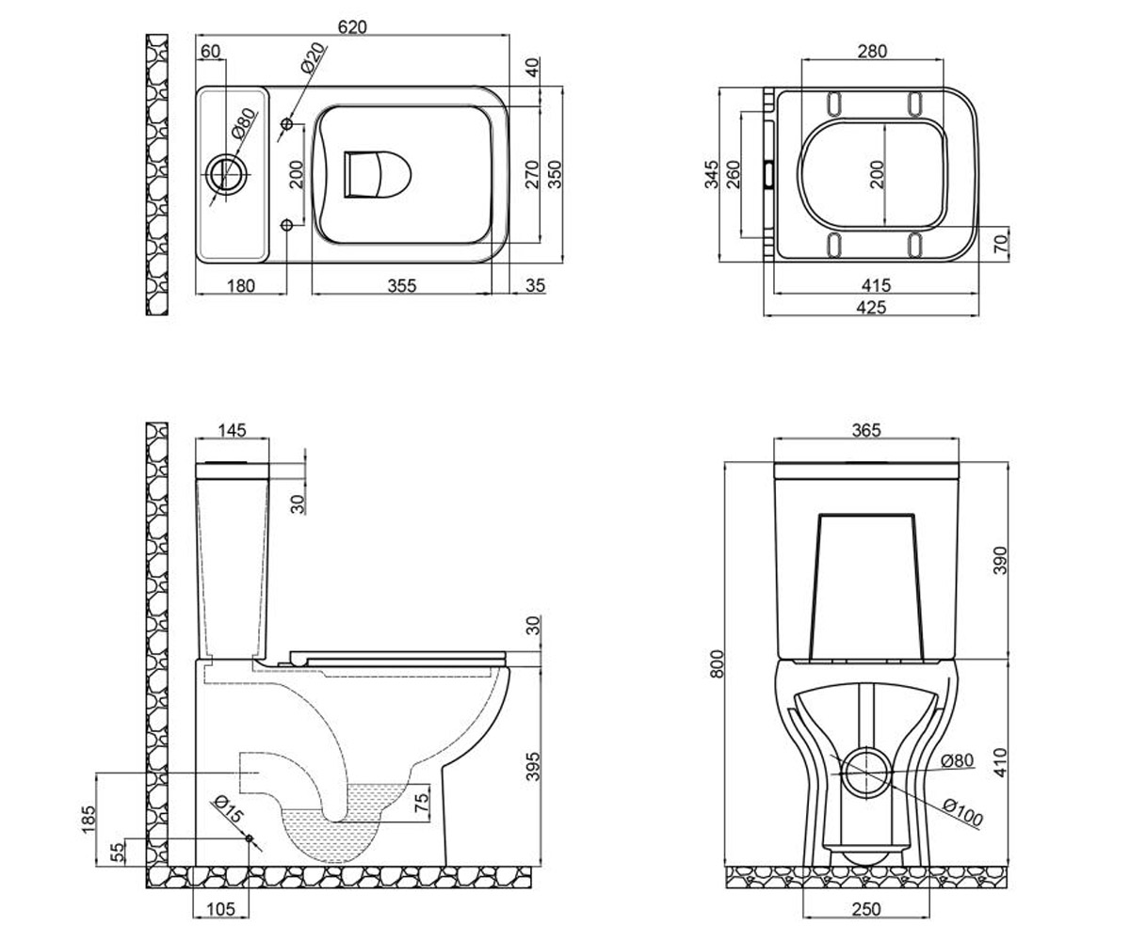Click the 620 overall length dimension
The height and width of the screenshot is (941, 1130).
tap(352, 26)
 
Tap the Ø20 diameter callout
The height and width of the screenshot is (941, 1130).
tap(314, 57)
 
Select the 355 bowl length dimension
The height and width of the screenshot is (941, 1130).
tap(402, 285)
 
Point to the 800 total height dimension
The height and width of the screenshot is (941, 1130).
tap(716, 663)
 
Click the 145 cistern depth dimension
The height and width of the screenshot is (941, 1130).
tap(233, 430)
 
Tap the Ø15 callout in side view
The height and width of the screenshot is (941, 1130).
tap(229, 809)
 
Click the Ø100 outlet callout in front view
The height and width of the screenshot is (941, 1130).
tap(962, 813)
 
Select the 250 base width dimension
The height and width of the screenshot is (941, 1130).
tap(866, 909)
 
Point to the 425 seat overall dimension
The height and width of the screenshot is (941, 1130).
tap(871, 307)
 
